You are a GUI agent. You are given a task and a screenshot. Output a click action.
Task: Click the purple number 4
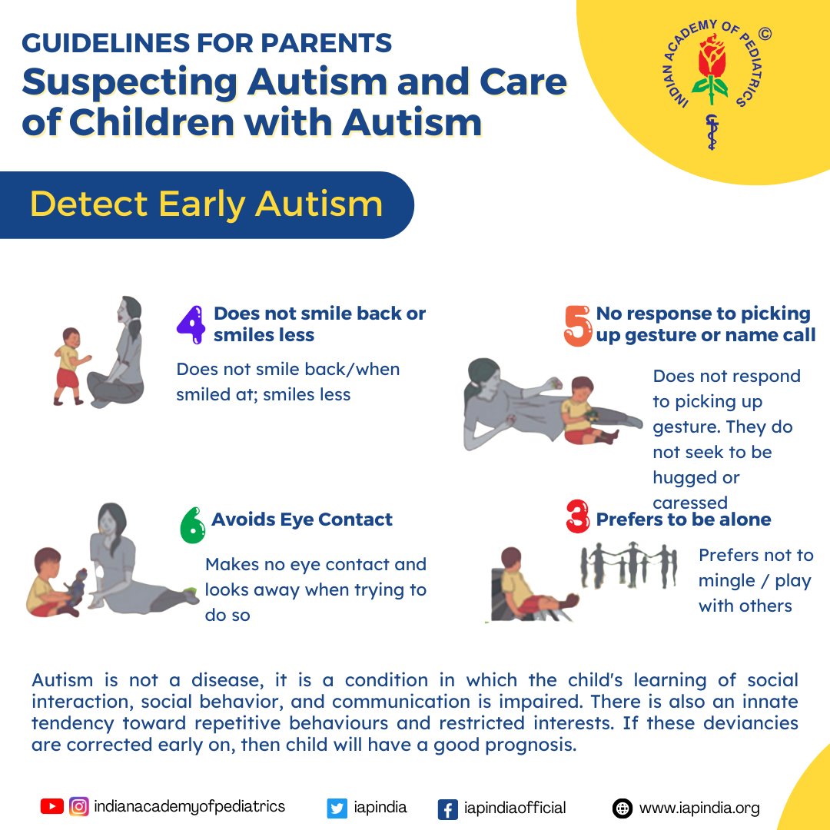coord(191,325)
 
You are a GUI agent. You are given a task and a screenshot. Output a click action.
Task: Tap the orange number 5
coord(578,326)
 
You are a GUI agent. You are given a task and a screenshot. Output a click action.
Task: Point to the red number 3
coord(578,516)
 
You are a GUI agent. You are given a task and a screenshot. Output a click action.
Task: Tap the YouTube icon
coord(52,807)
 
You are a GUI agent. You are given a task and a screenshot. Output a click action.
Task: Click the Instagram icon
coord(78,807)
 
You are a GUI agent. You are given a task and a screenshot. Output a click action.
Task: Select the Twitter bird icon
coord(337,808)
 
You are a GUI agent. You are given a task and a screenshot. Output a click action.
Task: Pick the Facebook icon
coord(447,809)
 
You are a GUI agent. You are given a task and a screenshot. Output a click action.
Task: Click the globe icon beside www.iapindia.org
coord(622,808)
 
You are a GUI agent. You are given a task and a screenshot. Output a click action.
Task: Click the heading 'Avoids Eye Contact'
coord(302,520)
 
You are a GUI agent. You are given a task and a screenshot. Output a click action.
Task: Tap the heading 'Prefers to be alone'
coord(683,520)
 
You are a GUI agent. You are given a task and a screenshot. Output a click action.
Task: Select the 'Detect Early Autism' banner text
coord(206,204)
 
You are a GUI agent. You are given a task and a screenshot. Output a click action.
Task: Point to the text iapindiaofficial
coord(515,808)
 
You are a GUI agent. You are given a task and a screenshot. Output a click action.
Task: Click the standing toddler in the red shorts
coord(70,365)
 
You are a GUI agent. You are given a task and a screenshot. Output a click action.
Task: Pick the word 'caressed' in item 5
coord(690,503)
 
